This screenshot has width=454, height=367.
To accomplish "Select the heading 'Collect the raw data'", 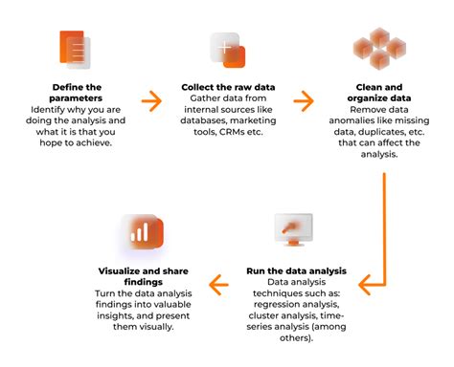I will click(x=227, y=87).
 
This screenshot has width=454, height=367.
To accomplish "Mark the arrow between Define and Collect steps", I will click(x=151, y=99).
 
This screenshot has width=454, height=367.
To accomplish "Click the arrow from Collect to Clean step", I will click(x=304, y=99).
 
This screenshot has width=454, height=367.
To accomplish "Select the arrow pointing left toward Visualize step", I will click(x=220, y=283).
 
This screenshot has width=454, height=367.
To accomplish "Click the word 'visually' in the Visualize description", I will click(x=156, y=325).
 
